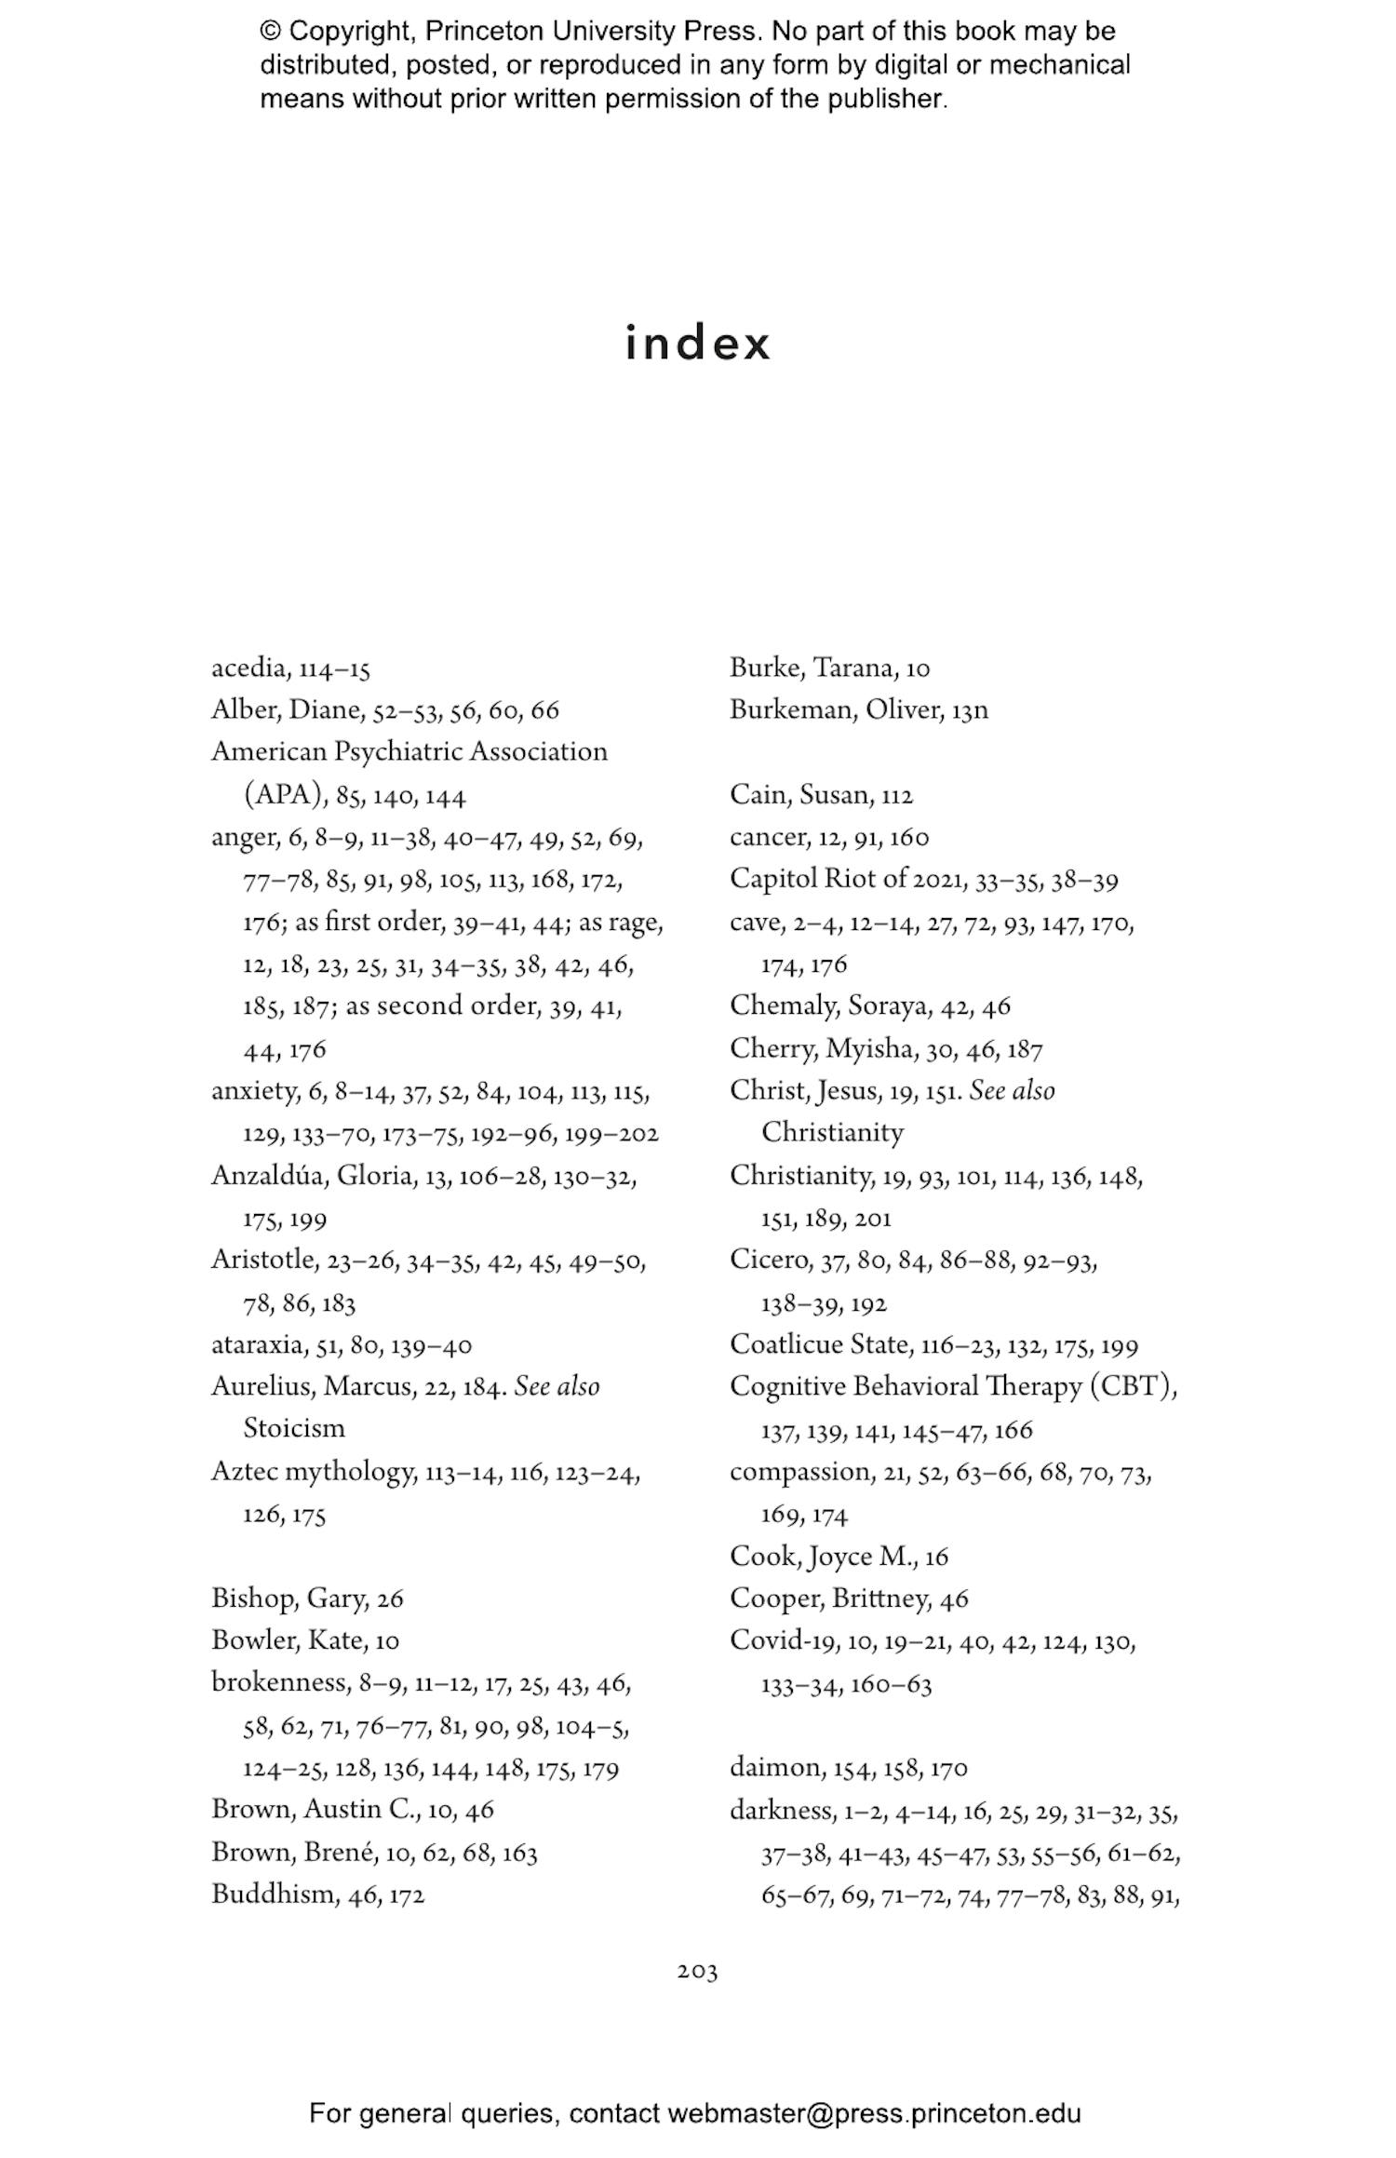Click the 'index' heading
coord(697,343)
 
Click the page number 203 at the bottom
coord(697,1971)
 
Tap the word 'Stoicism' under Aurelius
coord(294,1428)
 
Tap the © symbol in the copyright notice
coord(270,31)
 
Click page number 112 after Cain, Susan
coord(898,796)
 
